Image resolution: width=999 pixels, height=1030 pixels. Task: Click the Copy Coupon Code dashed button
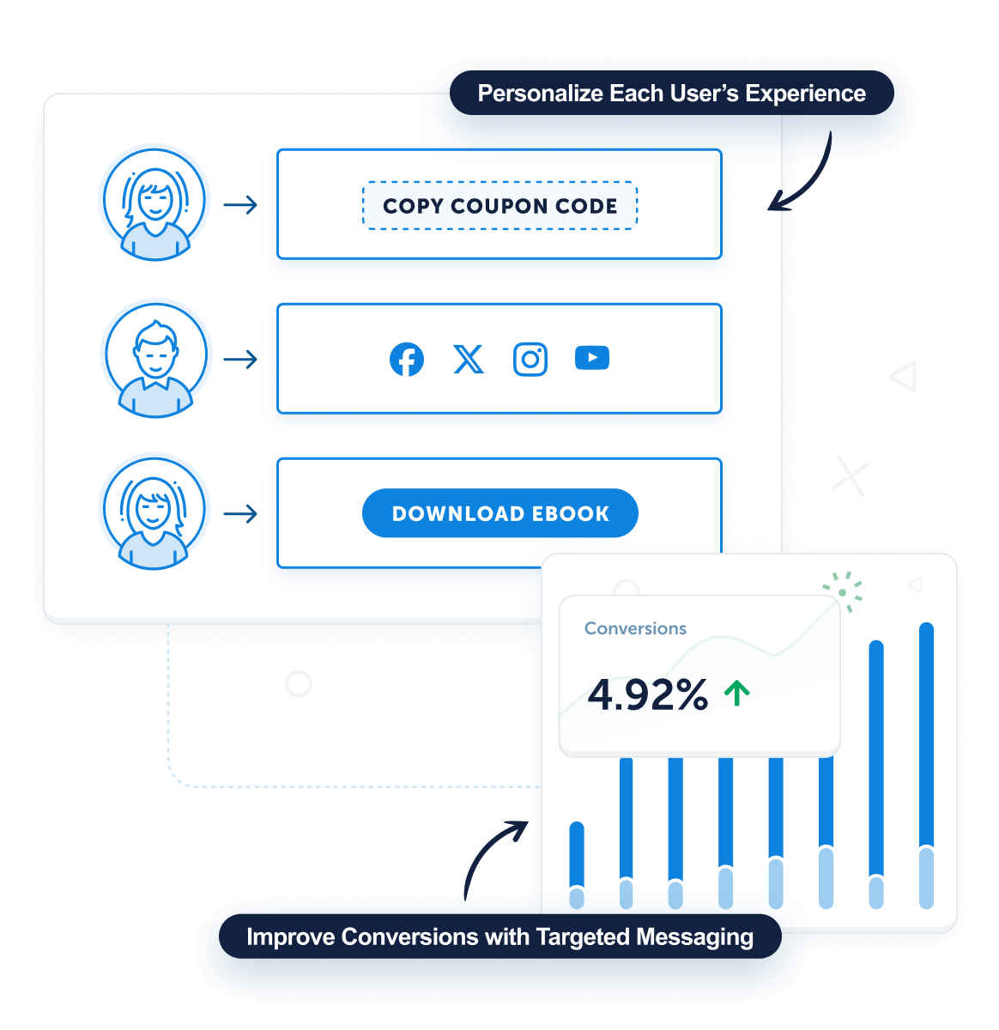[499, 206]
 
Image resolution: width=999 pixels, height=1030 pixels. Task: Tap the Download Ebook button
[499, 513]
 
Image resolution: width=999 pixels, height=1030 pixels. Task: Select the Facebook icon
[407, 359]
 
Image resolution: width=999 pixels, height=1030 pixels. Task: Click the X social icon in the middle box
[469, 359]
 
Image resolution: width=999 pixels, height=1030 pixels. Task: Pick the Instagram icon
[530, 359]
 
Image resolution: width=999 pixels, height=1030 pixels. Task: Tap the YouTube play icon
[592, 358]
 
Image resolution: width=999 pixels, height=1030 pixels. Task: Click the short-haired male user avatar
[155, 359]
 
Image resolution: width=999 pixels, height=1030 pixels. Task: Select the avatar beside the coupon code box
[155, 204]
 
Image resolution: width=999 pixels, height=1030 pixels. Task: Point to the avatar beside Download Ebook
[155, 513]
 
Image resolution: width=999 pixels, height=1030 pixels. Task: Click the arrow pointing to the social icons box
[240, 359]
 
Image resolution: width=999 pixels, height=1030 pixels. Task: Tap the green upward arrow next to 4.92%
[736, 693]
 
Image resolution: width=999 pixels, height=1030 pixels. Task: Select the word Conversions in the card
[635, 628]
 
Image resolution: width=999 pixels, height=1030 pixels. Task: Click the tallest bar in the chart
[926, 764]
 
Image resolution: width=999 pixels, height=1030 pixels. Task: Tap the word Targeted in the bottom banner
[582, 936]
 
